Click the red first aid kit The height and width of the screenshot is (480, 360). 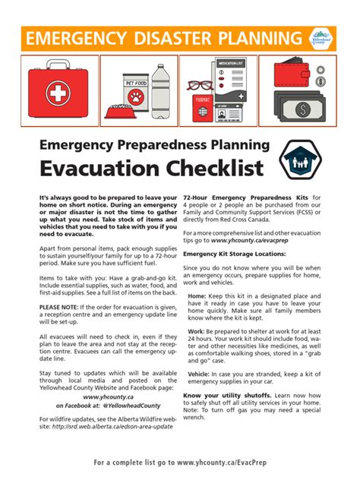pyautogui.click(x=58, y=91)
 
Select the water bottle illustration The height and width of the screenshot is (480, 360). pyautogui.click(x=159, y=89)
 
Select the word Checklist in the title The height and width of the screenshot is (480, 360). pyautogui.click(x=212, y=167)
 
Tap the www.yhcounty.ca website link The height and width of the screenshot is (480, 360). pyautogui.click(x=104, y=396)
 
